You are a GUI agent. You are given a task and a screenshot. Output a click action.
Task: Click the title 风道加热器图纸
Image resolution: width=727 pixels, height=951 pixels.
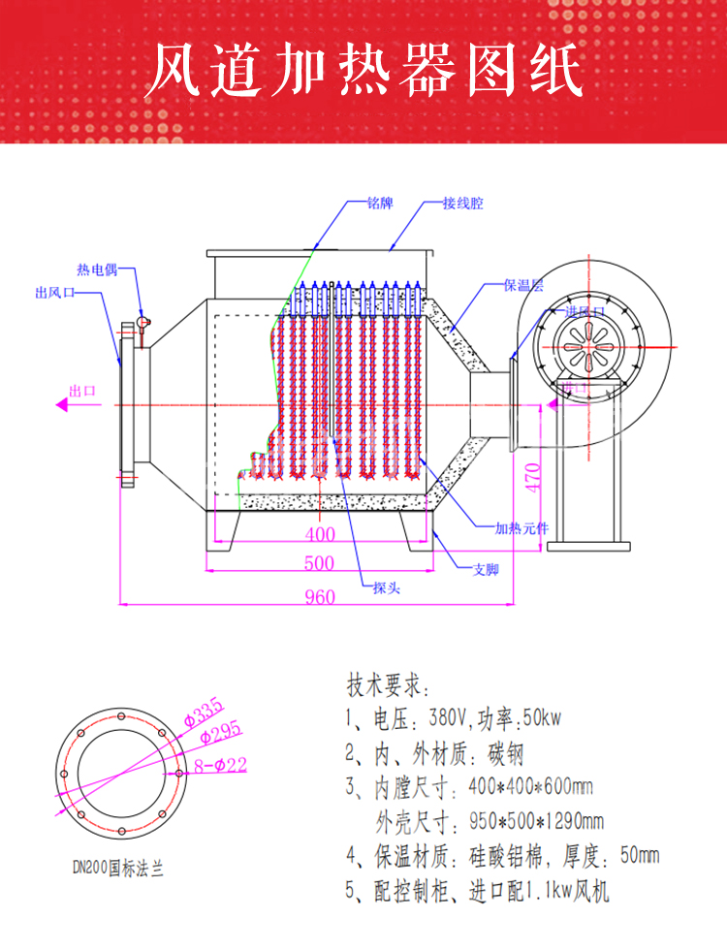(363, 70)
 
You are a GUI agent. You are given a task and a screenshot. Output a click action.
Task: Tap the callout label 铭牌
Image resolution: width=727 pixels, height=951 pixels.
(380, 205)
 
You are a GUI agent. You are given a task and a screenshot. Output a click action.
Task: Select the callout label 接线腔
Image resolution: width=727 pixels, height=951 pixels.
(462, 205)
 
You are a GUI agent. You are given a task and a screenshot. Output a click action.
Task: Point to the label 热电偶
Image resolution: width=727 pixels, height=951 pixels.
(97, 269)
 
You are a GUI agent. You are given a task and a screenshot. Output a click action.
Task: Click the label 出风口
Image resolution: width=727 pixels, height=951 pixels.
(56, 293)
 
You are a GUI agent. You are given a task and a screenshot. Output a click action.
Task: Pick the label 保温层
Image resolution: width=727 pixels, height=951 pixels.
(523, 286)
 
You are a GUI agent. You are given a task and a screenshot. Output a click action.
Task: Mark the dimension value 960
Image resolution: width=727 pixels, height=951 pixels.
(320, 596)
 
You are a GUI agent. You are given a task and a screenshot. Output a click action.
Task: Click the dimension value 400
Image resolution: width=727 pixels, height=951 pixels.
(319, 534)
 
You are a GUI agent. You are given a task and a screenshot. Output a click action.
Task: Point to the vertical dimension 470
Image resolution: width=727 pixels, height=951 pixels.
(531, 477)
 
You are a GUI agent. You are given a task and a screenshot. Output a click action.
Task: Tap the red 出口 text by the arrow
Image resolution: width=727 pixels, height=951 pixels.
(82, 392)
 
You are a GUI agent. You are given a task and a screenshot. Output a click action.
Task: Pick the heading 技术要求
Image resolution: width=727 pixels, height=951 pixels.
(386, 686)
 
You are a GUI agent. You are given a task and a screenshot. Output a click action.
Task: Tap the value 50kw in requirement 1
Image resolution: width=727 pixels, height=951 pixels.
(542, 719)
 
